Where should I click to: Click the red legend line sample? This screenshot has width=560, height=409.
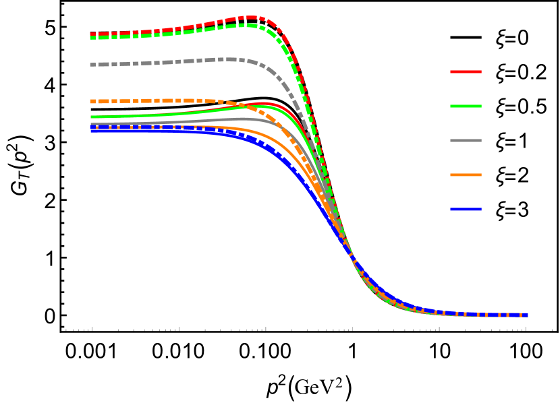click(466, 71)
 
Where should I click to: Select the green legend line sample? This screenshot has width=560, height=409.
click(466, 106)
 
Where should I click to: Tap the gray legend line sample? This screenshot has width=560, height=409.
click(466, 140)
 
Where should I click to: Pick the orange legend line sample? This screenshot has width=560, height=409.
click(466, 175)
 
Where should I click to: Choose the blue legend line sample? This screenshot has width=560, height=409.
click(466, 209)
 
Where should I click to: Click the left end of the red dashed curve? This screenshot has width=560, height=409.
click(92, 34)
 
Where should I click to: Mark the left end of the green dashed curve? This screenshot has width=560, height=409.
click(92, 38)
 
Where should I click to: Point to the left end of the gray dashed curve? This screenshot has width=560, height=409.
click(92, 65)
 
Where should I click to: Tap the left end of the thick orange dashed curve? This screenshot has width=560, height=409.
click(92, 101)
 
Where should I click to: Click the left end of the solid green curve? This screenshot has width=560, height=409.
click(92, 117)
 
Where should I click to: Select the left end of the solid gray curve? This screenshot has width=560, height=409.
click(92, 123)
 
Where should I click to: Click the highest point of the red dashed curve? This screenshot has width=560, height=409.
click(251, 18)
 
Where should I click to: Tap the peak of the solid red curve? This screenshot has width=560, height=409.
click(263, 103)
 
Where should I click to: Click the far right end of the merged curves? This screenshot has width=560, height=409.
click(527, 315)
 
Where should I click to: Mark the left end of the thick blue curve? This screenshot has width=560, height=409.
click(92, 129)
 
